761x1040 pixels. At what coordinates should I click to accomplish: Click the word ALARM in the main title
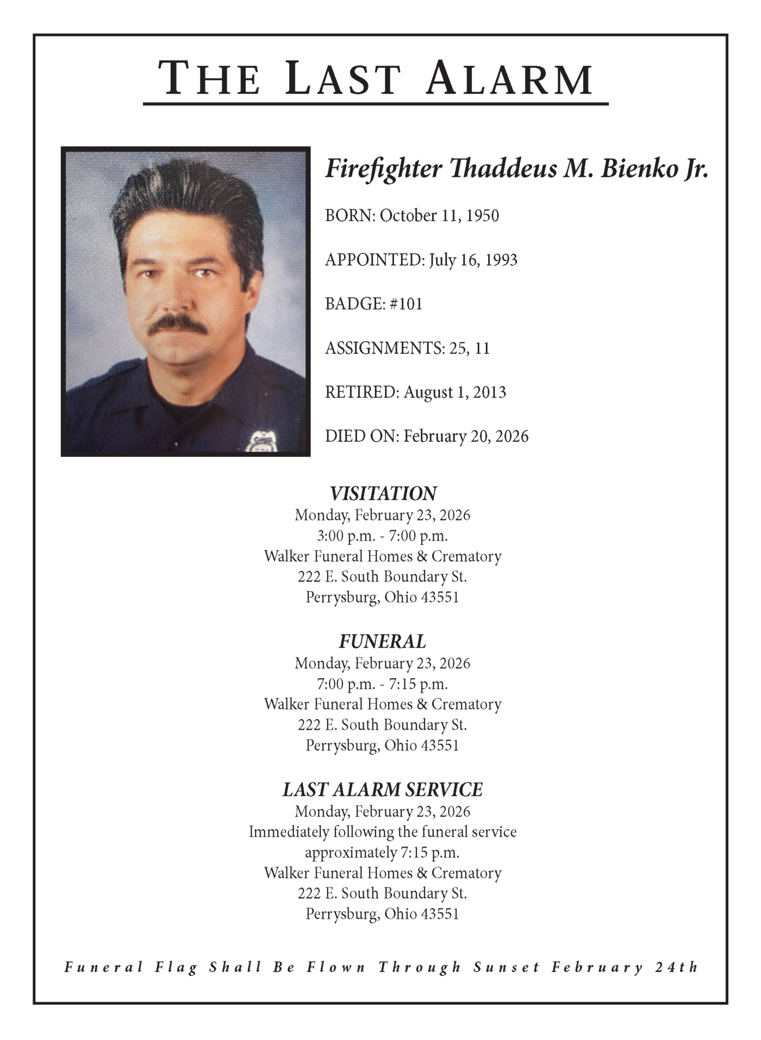coord(510,79)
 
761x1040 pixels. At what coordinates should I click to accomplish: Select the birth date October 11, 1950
coord(439,216)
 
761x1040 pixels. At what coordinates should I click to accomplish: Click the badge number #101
coord(406,304)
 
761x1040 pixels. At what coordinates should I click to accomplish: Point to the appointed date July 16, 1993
coord(473,260)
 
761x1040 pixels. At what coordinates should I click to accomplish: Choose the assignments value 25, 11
coord(470,348)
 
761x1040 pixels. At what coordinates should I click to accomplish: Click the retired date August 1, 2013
coord(454,392)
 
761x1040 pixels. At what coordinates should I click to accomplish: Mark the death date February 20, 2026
coord(466,436)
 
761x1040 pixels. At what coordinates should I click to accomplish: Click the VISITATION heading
coord(383,493)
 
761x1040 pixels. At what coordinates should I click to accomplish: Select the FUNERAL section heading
coord(383,642)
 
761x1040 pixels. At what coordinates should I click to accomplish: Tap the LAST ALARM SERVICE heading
coord(383,790)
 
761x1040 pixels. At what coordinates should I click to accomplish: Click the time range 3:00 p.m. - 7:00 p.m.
coord(383,536)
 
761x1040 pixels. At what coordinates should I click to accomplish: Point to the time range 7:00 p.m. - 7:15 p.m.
coord(383,684)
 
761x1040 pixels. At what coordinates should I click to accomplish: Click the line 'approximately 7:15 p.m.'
coord(383,853)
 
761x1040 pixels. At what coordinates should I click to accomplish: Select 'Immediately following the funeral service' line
coord(383,832)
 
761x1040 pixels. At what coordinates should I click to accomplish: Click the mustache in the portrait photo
coord(178,324)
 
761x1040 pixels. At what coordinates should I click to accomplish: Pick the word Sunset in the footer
coord(506,968)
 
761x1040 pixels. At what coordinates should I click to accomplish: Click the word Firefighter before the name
coord(383,169)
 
